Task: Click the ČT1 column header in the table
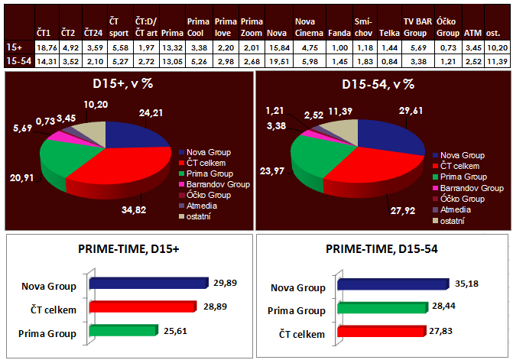point(44,33)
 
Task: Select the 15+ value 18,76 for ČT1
point(44,47)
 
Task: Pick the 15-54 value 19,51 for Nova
point(278,60)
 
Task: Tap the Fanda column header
point(339,33)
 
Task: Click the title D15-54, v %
point(378,83)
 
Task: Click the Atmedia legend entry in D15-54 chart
point(456,210)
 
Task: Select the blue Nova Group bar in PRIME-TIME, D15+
point(148,284)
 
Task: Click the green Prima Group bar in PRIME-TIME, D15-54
point(391,310)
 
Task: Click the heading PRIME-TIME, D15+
point(126,249)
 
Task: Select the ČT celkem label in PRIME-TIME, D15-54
point(301,333)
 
